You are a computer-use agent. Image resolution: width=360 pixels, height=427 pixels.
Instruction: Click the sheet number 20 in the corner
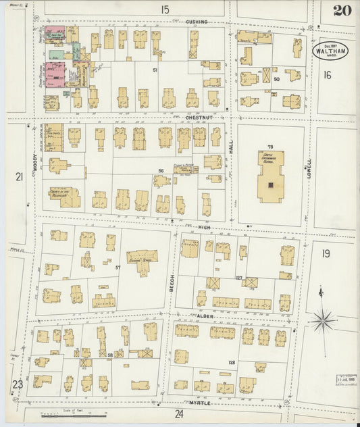[340, 10]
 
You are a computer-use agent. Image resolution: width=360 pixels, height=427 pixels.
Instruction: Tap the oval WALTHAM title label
[327, 51]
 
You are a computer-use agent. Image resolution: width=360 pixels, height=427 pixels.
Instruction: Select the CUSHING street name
[197, 22]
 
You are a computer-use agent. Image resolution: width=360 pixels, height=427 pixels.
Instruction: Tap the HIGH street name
[204, 228]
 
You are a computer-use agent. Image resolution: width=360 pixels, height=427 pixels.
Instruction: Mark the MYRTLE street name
[201, 403]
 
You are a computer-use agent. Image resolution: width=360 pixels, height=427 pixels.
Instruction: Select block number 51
[155, 70]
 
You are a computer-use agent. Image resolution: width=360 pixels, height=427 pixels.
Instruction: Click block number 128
[232, 363]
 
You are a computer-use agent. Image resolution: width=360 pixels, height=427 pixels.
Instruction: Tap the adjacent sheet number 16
[328, 75]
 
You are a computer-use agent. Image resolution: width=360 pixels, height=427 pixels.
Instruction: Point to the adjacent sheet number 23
[18, 384]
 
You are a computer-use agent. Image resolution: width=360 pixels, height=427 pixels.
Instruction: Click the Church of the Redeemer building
[64, 196]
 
